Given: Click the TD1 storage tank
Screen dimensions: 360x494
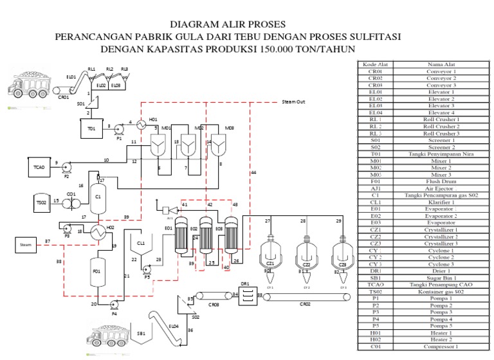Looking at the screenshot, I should (x=92, y=128).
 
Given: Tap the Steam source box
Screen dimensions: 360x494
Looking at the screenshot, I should (x=26, y=245).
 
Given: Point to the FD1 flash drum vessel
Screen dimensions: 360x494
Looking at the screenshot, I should (x=97, y=271).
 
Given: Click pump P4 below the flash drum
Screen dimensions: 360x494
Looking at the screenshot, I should (x=114, y=305).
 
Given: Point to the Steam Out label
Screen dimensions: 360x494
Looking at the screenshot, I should (x=293, y=102).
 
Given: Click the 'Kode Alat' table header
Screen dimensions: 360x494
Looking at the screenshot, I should (x=376, y=64).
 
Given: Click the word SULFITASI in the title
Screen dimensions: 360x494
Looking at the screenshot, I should (x=367, y=37).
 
